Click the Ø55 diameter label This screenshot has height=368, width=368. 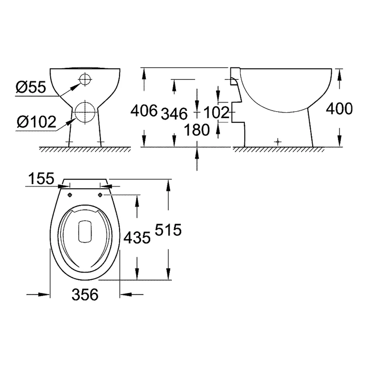(31, 87)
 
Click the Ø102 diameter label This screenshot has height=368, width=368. (36, 122)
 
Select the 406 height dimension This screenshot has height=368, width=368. (144, 110)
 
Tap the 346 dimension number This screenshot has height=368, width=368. (174, 114)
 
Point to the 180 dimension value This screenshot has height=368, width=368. (197, 130)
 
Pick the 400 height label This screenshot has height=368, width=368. (339, 109)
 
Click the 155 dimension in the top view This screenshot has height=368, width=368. (41, 178)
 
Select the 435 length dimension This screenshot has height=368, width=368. (137, 237)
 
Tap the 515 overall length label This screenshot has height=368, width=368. (168, 230)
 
